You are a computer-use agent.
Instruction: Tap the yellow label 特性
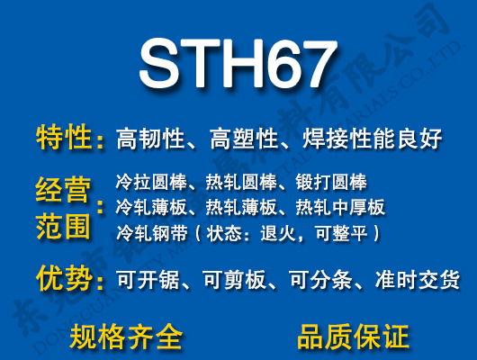click(x=65, y=139)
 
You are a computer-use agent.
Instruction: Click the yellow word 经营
click(x=63, y=190)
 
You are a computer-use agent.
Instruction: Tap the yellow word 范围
click(x=63, y=226)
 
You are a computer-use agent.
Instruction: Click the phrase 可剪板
click(x=236, y=281)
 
